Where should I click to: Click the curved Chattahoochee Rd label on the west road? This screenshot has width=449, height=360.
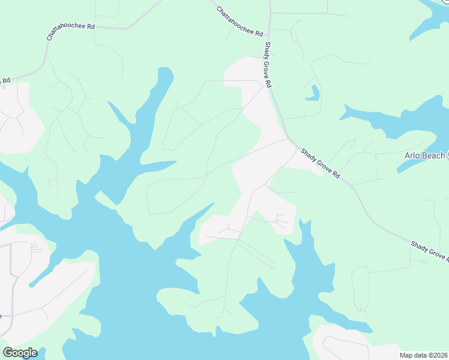(71, 32)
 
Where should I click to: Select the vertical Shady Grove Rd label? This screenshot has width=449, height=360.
(268, 64)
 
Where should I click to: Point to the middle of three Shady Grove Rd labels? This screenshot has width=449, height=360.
(321, 163)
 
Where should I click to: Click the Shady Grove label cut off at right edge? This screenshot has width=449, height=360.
(430, 251)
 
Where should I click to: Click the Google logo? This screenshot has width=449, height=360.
(20, 352)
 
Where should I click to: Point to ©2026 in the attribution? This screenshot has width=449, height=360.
(438, 355)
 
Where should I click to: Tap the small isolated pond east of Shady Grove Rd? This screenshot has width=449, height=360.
(312, 92)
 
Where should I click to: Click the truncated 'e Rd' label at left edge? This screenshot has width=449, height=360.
(5, 80)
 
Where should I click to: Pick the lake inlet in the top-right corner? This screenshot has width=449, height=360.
(435, 15)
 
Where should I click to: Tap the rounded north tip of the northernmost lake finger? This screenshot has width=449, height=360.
(166, 71)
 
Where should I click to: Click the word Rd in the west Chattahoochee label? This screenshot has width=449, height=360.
(91, 27)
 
